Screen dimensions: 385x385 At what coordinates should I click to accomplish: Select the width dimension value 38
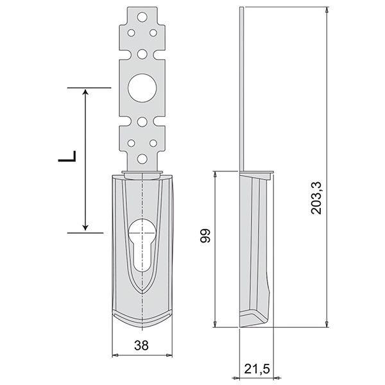coord(142,345)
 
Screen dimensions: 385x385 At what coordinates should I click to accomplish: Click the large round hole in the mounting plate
coord(142,89)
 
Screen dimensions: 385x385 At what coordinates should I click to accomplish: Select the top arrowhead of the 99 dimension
coord(215,175)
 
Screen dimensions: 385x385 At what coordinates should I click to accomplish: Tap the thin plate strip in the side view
coord(241,90)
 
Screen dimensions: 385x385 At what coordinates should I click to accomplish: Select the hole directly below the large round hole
coord(142,121)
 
